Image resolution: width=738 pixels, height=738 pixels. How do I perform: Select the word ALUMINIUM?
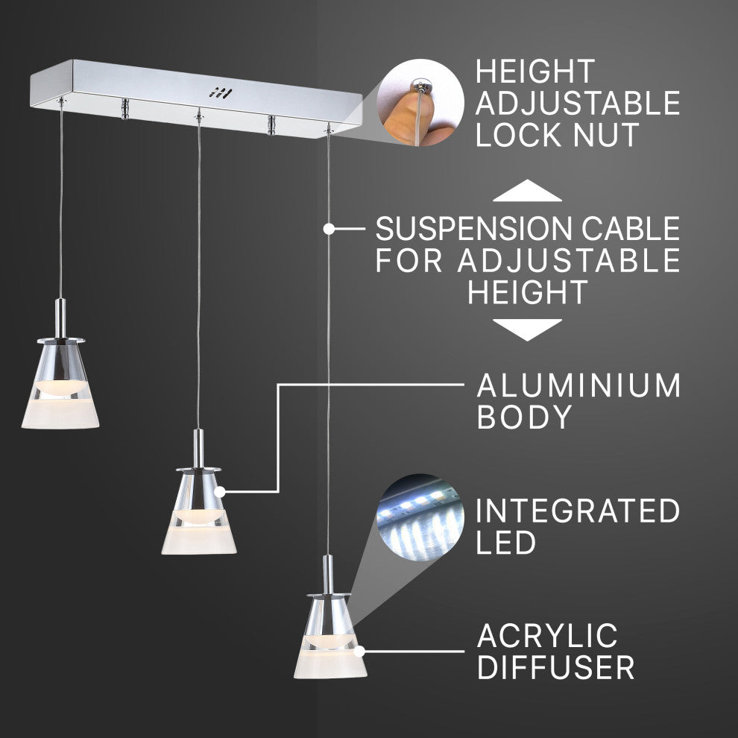pos(578,386)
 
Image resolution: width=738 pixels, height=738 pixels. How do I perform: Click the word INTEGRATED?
pos(578,511)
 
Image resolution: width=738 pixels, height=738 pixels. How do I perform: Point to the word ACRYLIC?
pos(548,636)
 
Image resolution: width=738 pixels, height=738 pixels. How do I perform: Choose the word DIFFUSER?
pos(555,667)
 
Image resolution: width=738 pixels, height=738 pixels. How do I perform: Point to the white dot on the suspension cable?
pos(329,229)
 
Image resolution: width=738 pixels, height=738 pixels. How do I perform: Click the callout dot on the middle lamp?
pos(221,491)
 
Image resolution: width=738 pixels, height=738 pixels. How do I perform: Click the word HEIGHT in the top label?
pos(535,72)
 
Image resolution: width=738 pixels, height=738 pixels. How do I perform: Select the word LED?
pos(506,543)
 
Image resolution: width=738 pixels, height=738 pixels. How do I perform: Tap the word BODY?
pos(523,417)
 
